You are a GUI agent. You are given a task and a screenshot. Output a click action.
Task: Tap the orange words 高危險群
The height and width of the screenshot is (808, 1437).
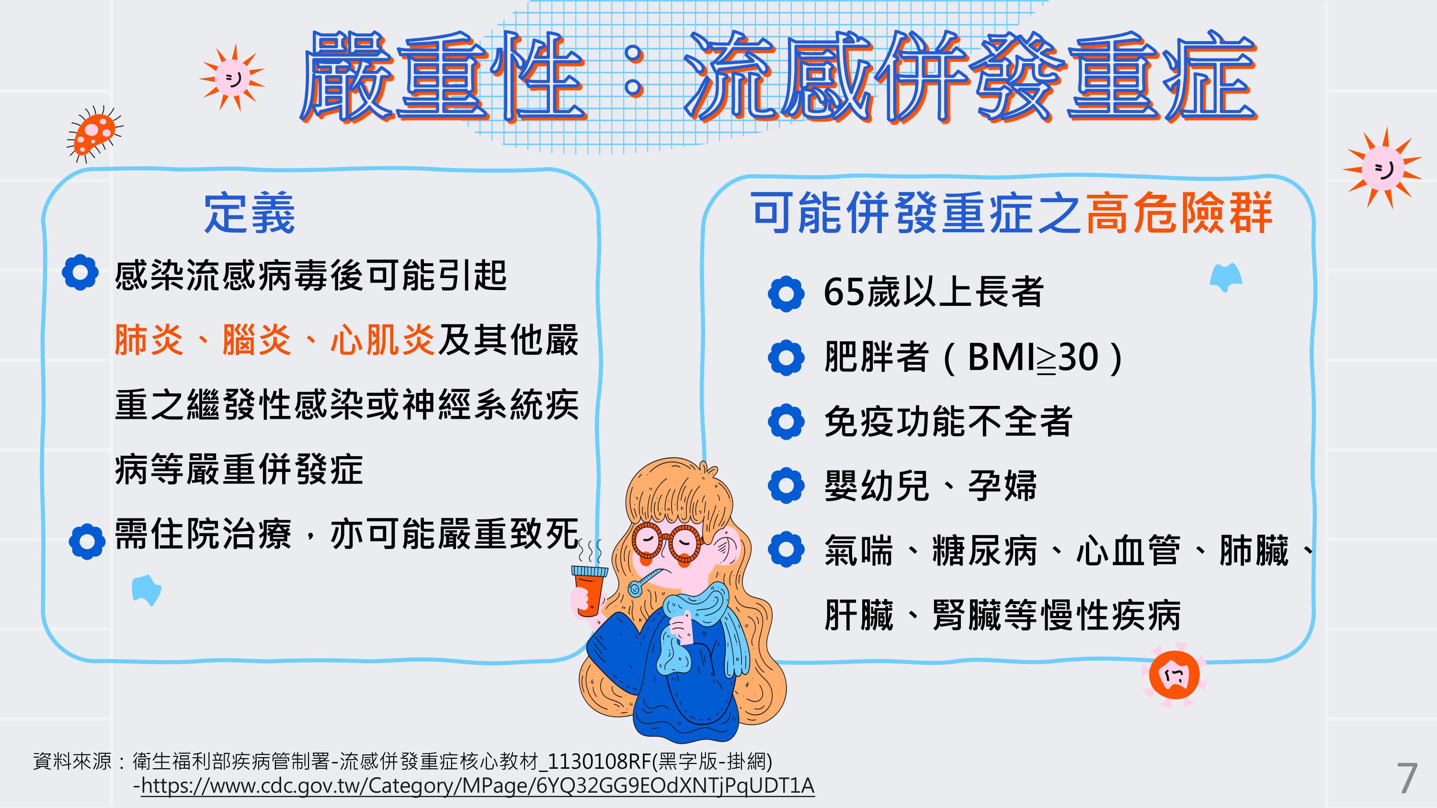pyautogui.click(x=1179, y=213)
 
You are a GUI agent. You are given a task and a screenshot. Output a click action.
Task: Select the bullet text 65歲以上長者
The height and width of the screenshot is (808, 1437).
pyautogui.click(x=933, y=292)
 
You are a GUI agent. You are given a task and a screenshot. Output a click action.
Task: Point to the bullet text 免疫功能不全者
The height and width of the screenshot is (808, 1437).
pyautogui.click(x=948, y=422)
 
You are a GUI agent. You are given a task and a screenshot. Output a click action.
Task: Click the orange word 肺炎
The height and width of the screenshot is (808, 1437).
pyautogui.click(x=149, y=339)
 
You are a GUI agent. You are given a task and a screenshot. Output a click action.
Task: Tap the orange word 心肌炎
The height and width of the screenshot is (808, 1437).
pyautogui.click(x=383, y=339)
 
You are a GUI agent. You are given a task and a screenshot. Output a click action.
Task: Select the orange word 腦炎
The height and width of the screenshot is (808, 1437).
pyautogui.click(x=257, y=339)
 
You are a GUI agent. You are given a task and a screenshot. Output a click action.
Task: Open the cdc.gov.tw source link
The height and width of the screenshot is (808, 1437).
pyautogui.click(x=478, y=786)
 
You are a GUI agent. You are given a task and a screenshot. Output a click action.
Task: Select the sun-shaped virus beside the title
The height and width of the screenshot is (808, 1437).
pyautogui.click(x=231, y=78)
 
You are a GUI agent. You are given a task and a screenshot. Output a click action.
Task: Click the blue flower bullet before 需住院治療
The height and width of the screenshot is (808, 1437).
pyautogui.click(x=87, y=541)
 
